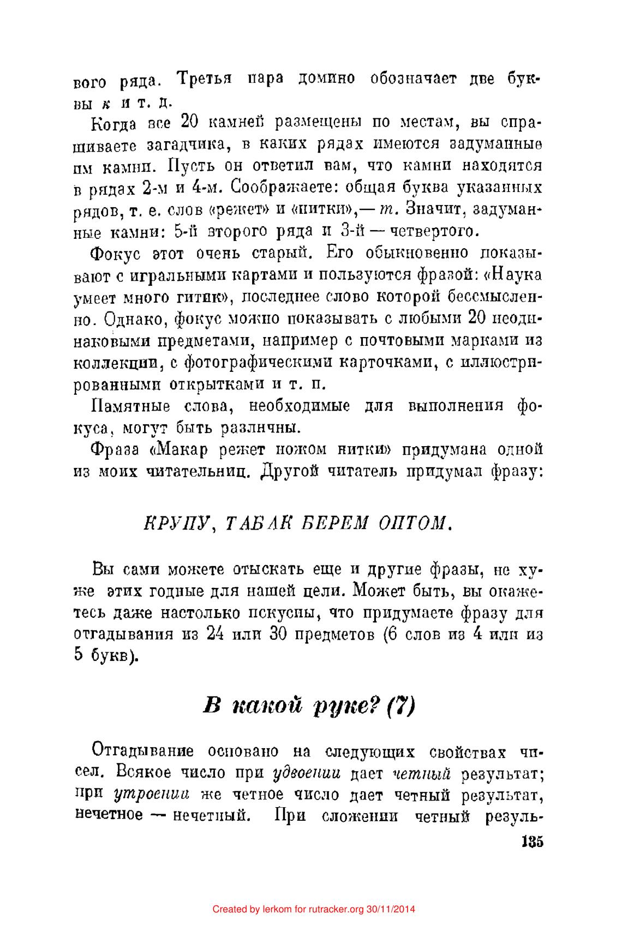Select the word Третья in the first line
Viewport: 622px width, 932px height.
click(x=205, y=79)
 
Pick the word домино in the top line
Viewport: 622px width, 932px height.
click(x=327, y=79)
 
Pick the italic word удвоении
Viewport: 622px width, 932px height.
click(x=307, y=773)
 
